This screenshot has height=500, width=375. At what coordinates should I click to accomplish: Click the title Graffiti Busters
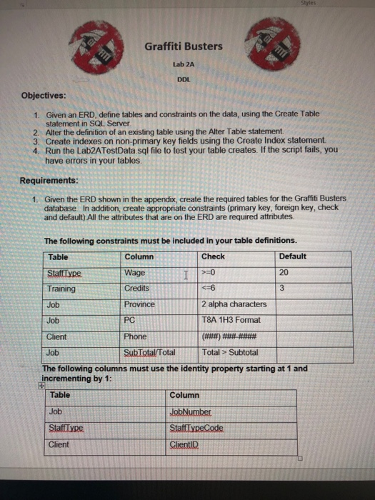click(x=184, y=46)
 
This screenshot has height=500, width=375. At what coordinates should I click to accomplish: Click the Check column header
click(x=213, y=256)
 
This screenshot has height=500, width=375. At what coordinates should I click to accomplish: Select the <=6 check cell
click(x=209, y=288)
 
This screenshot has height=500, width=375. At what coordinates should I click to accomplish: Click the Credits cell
click(x=136, y=288)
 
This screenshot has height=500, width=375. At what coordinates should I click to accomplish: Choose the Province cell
click(x=140, y=304)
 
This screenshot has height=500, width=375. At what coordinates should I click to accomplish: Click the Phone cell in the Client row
click(x=135, y=336)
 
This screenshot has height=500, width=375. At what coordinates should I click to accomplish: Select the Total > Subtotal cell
click(x=229, y=351)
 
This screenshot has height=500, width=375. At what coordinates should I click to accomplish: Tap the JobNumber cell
click(x=189, y=411)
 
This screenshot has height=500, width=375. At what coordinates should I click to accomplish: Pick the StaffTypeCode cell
click(x=194, y=428)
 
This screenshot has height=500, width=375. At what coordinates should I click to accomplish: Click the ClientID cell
click(x=184, y=444)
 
